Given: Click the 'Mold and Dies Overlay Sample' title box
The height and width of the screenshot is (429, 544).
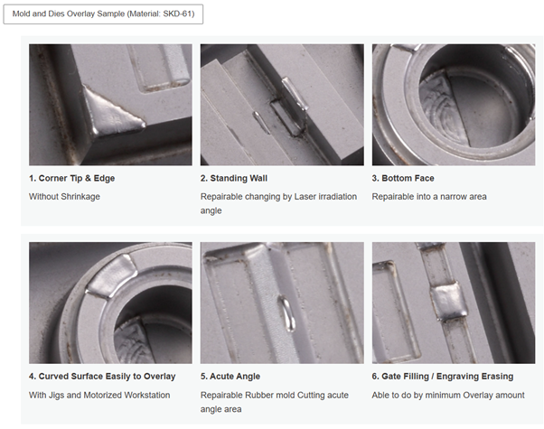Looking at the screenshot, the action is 103,14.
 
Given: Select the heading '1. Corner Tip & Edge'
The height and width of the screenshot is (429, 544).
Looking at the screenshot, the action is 71,178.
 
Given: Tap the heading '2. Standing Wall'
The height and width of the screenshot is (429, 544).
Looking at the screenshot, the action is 234,178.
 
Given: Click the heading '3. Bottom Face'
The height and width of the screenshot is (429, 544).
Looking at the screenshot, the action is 403,178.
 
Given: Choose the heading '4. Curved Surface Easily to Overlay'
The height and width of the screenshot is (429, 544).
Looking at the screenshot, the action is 102,377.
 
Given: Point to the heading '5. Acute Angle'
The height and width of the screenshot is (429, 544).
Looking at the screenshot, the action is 230,377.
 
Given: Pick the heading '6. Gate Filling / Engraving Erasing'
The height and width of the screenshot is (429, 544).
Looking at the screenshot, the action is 443,377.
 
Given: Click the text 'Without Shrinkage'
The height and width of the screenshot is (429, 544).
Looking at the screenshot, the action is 64,197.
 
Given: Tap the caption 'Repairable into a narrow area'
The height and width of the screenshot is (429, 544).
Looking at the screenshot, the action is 429,197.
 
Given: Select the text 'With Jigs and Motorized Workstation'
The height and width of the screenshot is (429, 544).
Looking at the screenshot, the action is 99,395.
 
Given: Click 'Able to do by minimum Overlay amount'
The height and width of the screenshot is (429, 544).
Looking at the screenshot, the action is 448,395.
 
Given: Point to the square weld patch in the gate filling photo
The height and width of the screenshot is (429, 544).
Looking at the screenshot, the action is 447,300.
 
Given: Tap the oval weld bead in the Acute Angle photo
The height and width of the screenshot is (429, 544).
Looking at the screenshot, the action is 288,313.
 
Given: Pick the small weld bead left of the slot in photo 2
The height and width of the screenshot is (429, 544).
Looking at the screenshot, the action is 260,122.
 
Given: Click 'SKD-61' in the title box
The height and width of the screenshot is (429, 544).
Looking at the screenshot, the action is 178,14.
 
